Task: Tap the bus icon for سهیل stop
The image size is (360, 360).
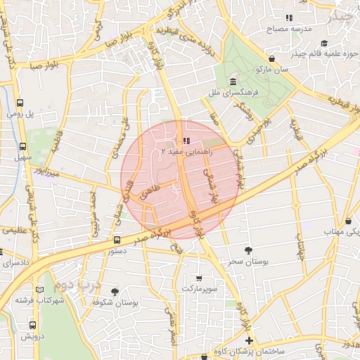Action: tap(23, 147)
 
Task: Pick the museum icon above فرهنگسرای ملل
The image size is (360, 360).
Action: tap(232, 81)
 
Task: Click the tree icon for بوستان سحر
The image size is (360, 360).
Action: tap(247, 250)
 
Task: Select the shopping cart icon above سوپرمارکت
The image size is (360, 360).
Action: tap(199, 278)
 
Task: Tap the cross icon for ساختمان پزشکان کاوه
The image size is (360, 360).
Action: tap(248, 340)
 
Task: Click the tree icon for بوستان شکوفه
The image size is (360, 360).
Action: tap(115, 291)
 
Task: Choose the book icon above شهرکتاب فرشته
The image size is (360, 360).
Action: tap(39, 290)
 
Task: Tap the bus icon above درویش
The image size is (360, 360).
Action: tap(32, 325)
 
